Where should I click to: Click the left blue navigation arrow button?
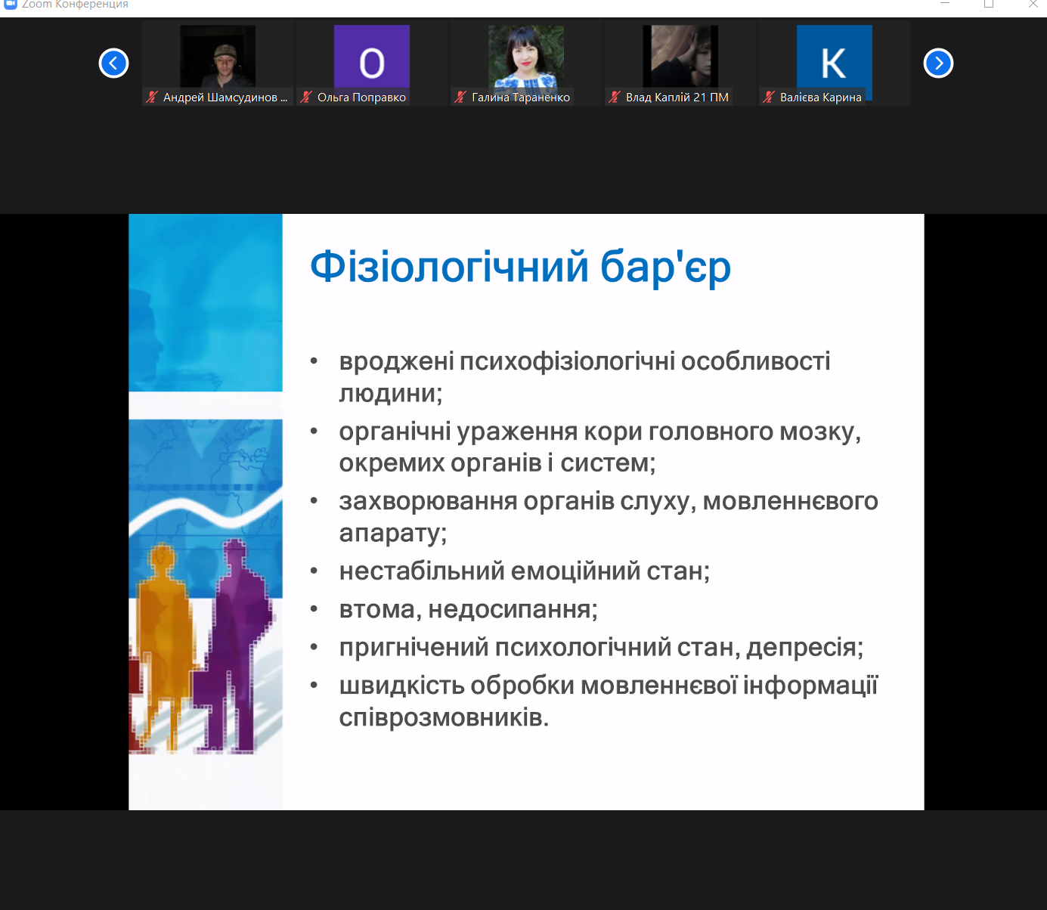(113, 63)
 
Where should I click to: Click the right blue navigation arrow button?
(938, 63)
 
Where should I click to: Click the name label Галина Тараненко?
(520, 97)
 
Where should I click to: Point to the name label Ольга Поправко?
(361, 97)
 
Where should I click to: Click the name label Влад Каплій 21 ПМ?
(677, 97)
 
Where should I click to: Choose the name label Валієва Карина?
(820, 97)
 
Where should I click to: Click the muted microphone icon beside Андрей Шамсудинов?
(152, 97)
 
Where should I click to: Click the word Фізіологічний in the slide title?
(449, 267)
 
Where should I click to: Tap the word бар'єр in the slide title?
(665, 268)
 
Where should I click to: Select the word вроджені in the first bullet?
(396, 361)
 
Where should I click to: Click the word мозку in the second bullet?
(819, 432)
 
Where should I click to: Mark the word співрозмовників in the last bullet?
(443, 717)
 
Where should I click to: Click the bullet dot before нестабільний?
(314, 571)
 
